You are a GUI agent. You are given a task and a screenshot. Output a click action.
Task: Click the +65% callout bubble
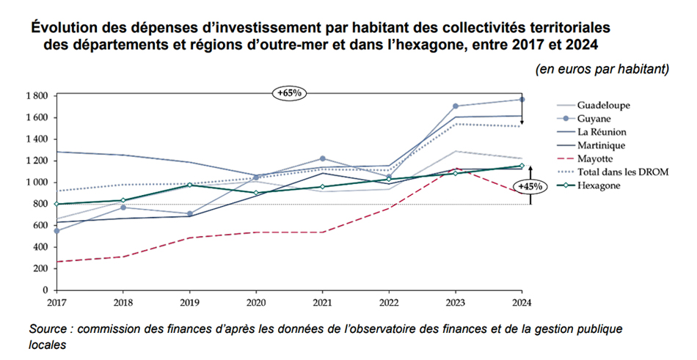coord(289,93)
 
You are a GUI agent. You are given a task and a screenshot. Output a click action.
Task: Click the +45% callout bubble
coord(530,186)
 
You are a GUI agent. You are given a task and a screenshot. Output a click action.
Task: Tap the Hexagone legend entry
coord(599,185)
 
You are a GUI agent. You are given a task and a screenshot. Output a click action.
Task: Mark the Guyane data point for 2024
coord(522,99)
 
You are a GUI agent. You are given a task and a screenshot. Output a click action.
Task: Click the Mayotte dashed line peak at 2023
coord(456,169)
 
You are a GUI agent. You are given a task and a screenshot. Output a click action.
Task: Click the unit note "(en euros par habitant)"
coord(602,70)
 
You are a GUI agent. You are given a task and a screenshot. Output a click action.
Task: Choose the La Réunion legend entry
coord(602,132)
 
